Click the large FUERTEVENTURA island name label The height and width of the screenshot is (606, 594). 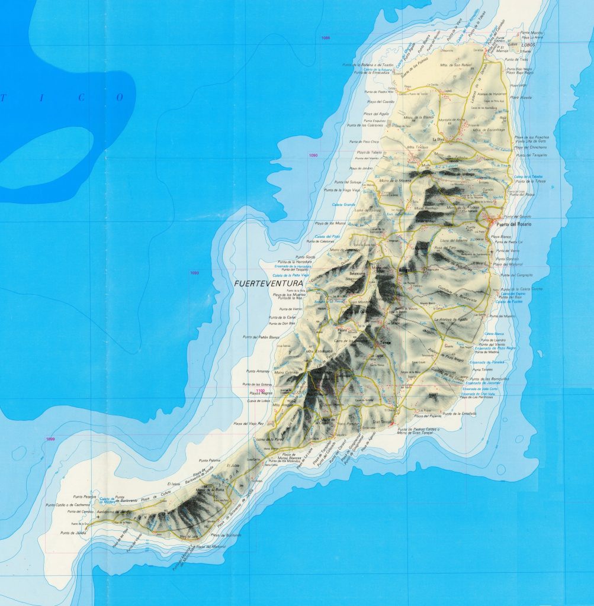(x=268, y=283)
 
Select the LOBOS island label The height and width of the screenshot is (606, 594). (x=513, y=44)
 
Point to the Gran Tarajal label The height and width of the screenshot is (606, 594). (x=383, y=422)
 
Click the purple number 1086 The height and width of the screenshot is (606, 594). (x=325, y=38)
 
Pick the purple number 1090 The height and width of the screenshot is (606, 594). (x=313, y=155)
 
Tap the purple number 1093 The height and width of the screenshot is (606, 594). (x=195, y=272)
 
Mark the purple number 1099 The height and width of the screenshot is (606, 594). (x=50, y=439)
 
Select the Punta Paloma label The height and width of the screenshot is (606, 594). (x=210, y=460)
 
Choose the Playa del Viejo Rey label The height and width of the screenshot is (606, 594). (x=248, y=424)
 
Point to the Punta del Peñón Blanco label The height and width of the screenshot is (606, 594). (x=261, y=337)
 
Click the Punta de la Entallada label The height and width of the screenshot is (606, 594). (x=460, y=414)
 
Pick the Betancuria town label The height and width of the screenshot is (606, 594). (x=358, y=275)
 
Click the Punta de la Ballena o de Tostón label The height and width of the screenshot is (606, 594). (x=367, y=65)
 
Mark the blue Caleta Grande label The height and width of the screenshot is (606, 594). (x=344, y=205)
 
